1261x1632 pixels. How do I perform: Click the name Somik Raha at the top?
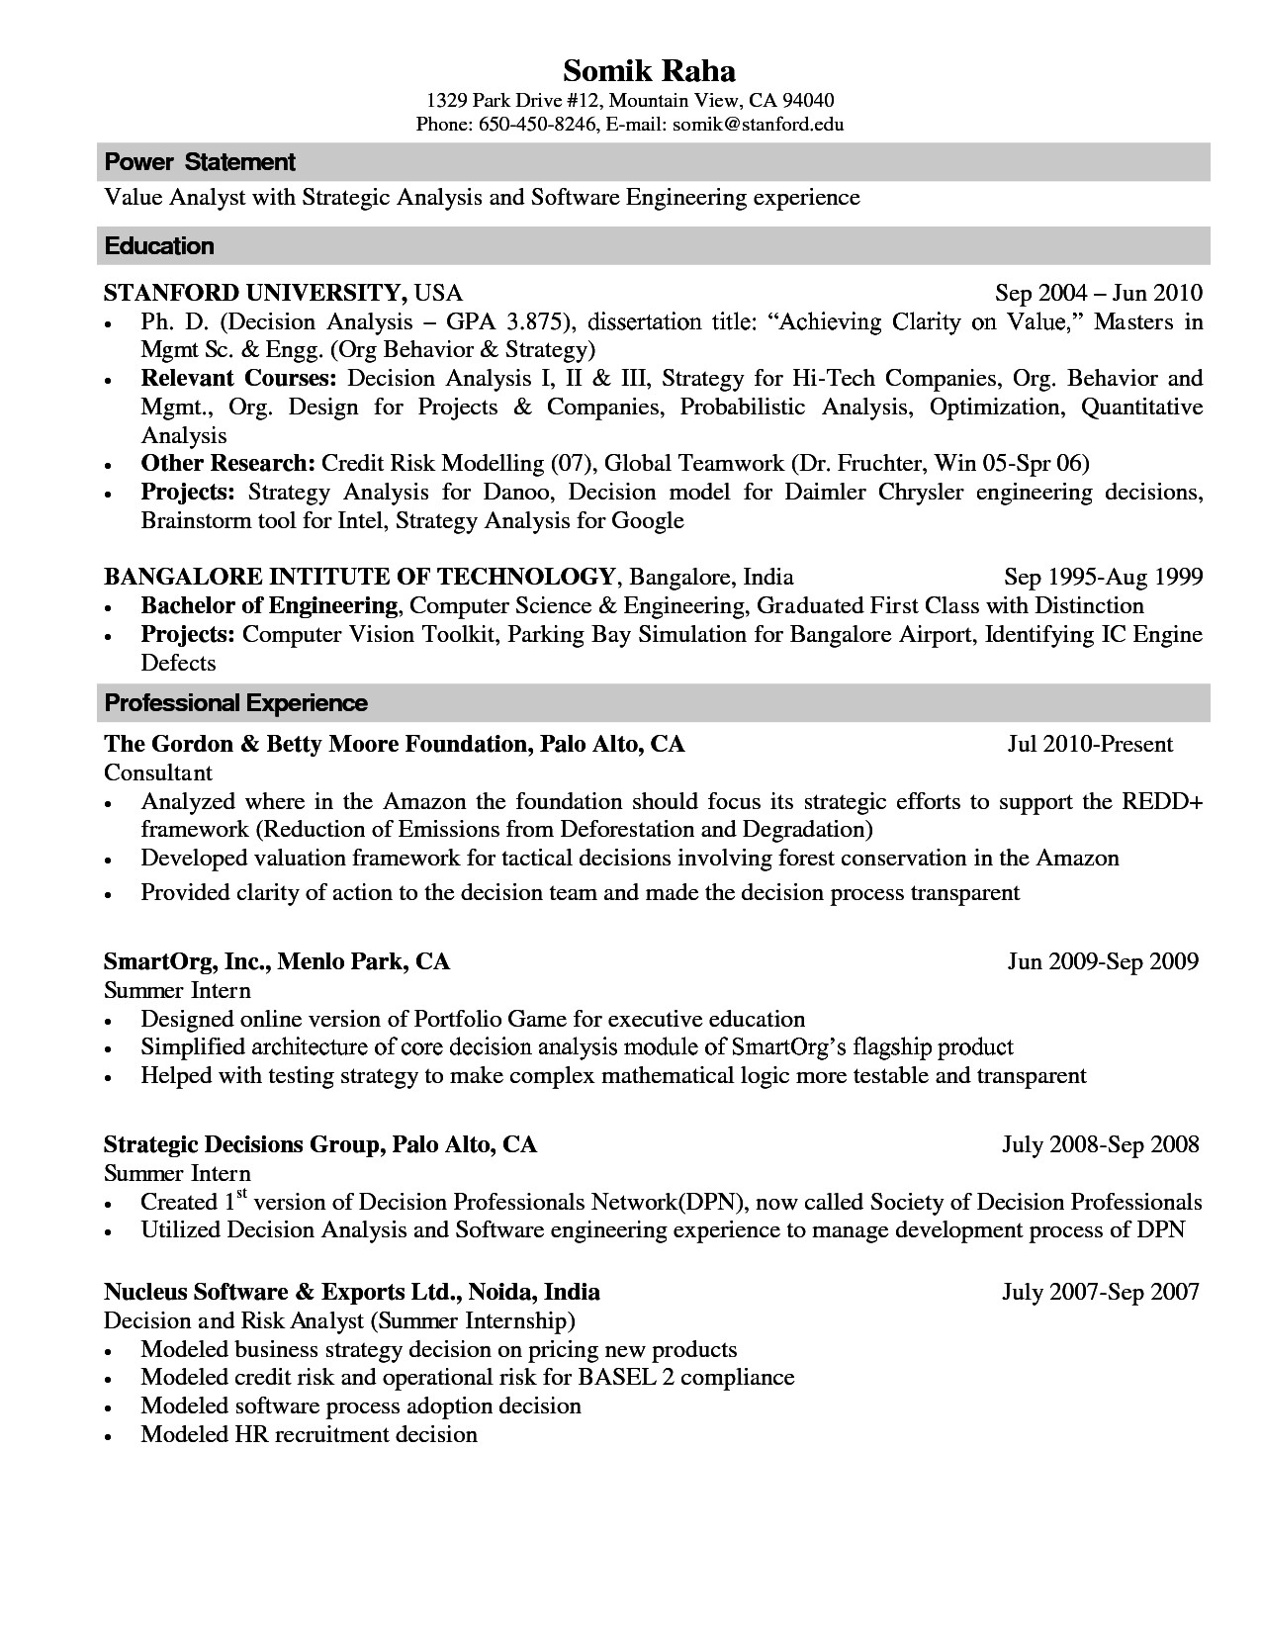(x=649, y=71)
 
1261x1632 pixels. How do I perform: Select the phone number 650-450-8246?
(x=537, y=124)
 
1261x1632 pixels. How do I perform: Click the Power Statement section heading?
(x=200, y=161)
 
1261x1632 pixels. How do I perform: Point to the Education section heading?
(x=159, y=245)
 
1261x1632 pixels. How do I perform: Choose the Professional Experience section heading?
(x=235, y=703)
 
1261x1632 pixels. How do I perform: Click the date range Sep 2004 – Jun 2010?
(x=1098, y=293)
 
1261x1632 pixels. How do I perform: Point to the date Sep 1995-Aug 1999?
(x=1103, y=577)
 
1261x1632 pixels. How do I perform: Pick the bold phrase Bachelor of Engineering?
(x=269, y=605)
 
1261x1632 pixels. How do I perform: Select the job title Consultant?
(x=158, y=771)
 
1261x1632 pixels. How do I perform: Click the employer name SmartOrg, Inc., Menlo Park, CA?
(x=277, y=961)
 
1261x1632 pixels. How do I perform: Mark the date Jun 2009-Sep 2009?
(x=1103, y=961)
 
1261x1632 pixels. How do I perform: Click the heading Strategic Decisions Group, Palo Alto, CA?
(x=320, y=1144)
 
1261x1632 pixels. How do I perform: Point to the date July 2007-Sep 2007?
(x=1100, y=1291)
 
